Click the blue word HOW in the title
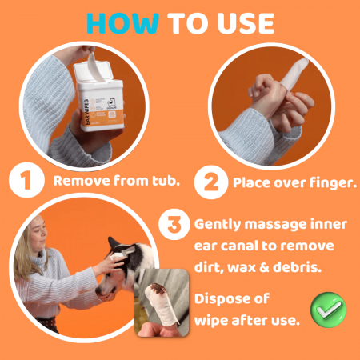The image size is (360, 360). tap(123, 23)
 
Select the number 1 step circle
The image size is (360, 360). tap(26, 180)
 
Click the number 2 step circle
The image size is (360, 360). tap(211, 182)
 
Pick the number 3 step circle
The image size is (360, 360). tap(174, 224)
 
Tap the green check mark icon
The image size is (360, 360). tap(328, 310)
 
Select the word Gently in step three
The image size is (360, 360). tap(218, 225)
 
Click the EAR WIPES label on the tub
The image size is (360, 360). tap(86, 112)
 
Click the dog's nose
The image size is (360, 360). tap(98, 290)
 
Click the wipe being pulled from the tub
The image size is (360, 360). tap(95, 67)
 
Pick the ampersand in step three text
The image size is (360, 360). tap(264, 267)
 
